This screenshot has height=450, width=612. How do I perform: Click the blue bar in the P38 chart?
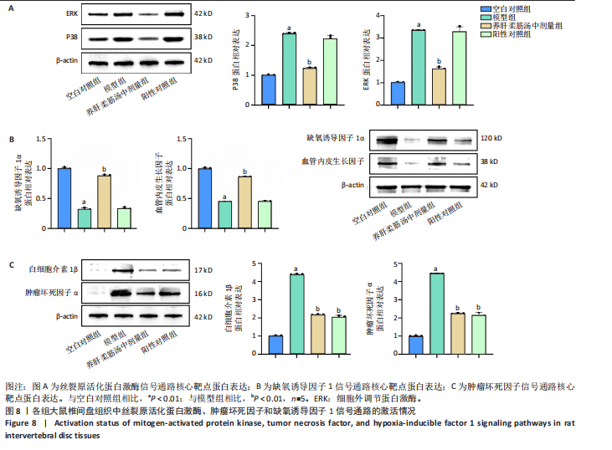pyautogui.click(x=269, y=89)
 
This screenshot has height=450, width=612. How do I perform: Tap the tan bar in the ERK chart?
pyautogui.click(x=439, y=86)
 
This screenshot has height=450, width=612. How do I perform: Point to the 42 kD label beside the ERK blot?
pyautogui.click(x=203, y=15)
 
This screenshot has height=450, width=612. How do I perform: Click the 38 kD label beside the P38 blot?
pyautogui.click(x=203, y=38)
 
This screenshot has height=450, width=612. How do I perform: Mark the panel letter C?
pyautogui.click(x=9, y=266)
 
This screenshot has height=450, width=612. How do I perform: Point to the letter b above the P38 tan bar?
pyautogui.click(x=309, y=62)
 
